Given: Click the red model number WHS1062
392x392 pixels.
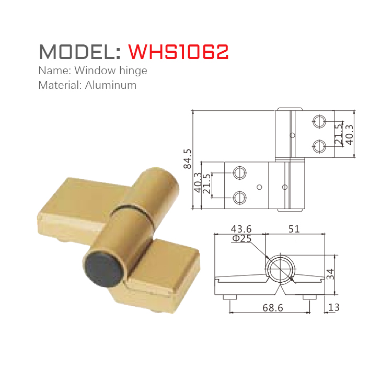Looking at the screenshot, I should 178,52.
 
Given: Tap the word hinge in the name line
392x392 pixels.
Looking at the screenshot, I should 133,70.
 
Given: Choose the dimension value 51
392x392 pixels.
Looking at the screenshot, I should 294,229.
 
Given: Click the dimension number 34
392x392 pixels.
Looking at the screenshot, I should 330,273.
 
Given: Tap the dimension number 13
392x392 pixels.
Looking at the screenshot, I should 333,307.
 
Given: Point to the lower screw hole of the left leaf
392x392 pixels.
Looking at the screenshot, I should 240,197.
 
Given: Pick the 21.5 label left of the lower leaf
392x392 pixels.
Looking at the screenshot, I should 207,184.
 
